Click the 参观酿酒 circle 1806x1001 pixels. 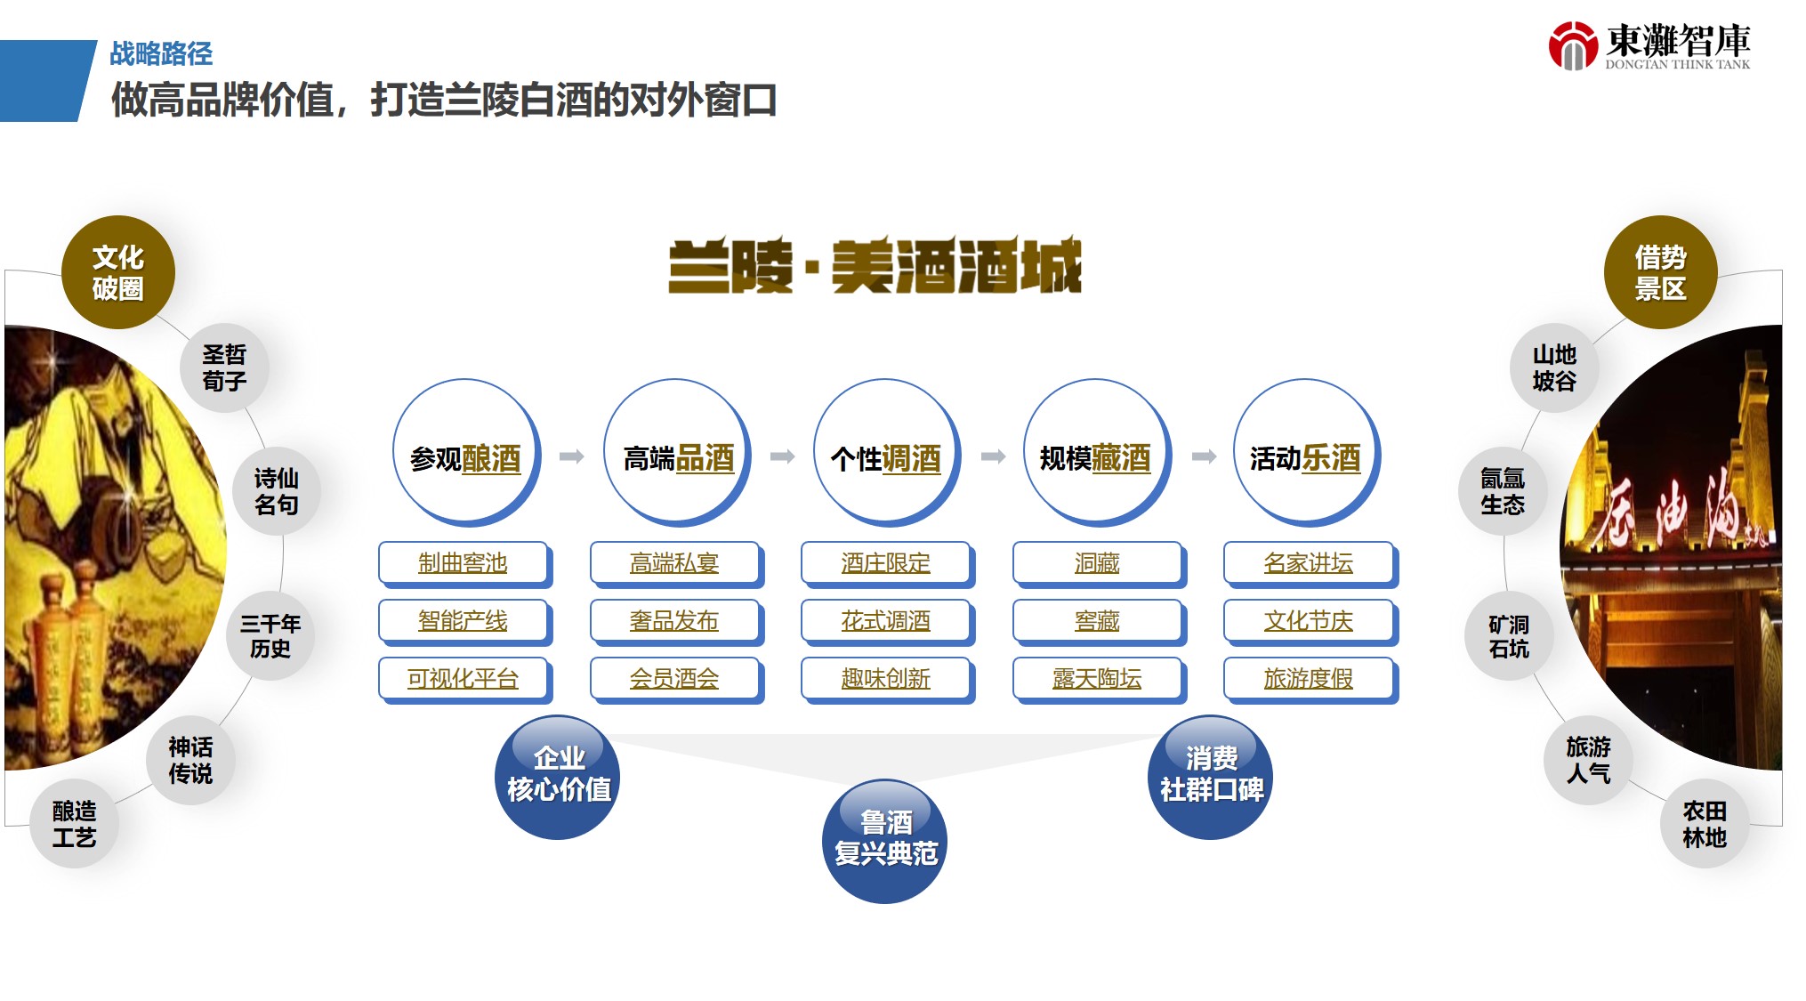tap(466, 454)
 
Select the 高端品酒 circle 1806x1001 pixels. tap(677, 454)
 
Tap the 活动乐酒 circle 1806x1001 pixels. tap(1306, 454)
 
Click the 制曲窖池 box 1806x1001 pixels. tap(464, 564)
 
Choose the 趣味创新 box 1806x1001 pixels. tap(887, 680)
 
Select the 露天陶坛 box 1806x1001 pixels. tap(1098, 680)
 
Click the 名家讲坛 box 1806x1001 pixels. tap(1310, 564)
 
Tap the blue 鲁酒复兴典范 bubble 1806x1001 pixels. tap(884, 841)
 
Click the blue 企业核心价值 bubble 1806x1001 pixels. tap(558, 777)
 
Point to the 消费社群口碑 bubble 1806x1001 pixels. tap(1210, 777)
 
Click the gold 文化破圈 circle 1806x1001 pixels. tap(118, 272)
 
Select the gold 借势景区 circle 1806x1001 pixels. tap(1660, 272)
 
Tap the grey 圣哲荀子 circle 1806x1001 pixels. tap(224, 367)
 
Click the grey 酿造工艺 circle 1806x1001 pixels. tap(74, 824)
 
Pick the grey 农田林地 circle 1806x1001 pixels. tap(1705, 824)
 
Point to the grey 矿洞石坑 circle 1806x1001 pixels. tap(1509, 636)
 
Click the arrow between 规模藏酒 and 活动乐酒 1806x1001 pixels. tap(1204, 456)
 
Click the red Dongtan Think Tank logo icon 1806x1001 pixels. tap(1573, 45)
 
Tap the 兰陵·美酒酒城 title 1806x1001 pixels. tap(875, 265)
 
